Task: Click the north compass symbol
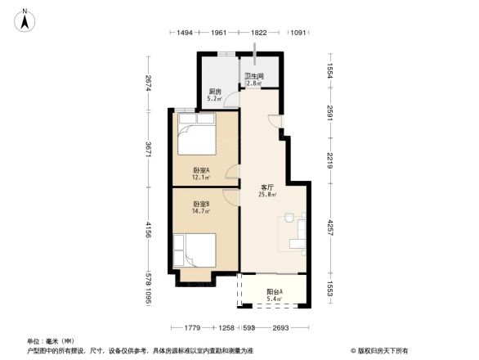point(25,18)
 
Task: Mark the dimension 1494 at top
point(185,33)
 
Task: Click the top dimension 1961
point(218,33)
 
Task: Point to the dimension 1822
point(258,33)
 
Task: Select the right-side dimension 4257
point(331,225)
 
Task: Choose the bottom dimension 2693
point(280,328)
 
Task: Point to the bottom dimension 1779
point(193,328)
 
